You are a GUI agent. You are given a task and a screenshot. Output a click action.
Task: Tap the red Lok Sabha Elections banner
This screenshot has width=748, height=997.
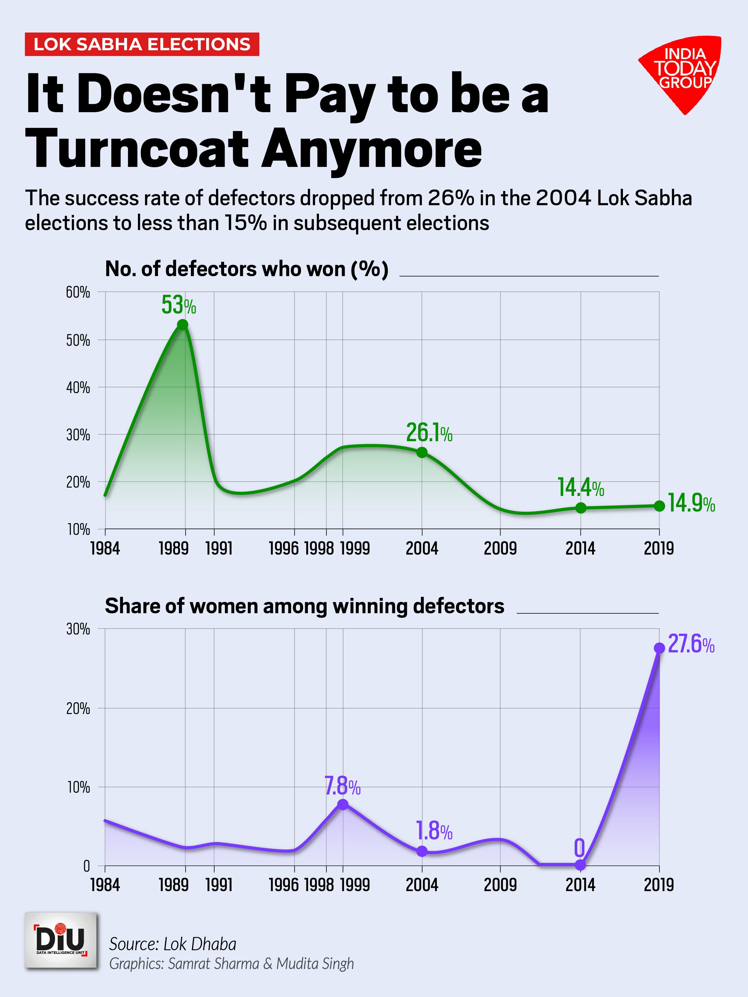[x=142, y=45]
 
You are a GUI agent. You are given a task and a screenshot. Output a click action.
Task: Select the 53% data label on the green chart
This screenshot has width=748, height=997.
[x=179, y=306]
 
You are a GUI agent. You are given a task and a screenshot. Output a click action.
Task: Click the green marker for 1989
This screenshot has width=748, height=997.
[x=183, y=325]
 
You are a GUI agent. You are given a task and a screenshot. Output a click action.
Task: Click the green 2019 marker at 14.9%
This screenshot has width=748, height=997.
[x=659, y=506]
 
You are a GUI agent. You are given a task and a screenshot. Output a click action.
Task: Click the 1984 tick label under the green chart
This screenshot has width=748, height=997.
[x=105, y=549]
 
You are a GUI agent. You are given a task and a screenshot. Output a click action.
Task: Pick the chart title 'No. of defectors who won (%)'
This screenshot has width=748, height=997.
[x=247, y=270]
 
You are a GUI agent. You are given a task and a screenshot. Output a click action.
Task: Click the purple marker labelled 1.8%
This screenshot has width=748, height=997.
[x=422, y=851]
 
